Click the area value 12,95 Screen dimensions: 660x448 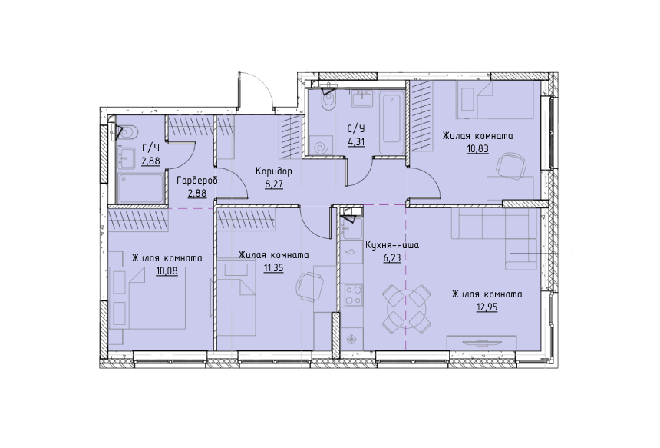click(487, 307)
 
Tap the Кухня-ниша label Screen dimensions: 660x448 click(392, 245)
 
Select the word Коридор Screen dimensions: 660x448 click(274, 171)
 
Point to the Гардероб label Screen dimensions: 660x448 click(197, 181)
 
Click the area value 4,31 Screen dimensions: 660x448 click(355, 142)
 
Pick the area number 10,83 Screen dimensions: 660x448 click(477, 149)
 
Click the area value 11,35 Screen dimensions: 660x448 click(273, 268)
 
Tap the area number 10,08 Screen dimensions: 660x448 click(167, 271)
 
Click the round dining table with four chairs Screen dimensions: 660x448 click(407, 307)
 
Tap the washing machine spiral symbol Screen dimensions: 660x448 click(324, 147)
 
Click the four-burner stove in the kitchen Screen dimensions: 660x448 click(352, 295)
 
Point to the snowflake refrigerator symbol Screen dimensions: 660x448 click(350, 340)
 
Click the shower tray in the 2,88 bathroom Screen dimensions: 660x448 click(141, 188)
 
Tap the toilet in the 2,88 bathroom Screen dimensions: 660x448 click(128, 132)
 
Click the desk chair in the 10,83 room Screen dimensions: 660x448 click(510, 168)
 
